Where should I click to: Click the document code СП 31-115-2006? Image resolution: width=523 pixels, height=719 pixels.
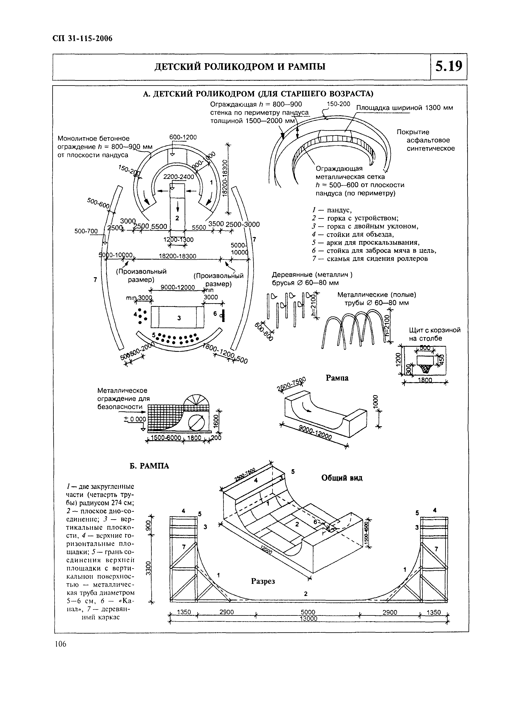point(82,39)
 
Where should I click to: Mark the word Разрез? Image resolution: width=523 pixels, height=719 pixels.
point(263,581)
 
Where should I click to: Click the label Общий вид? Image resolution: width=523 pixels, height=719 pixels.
point(342,478)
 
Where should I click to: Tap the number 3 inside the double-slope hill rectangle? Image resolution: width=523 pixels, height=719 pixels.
point(179,318)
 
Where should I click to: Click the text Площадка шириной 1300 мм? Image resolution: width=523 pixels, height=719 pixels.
point(405,108)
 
